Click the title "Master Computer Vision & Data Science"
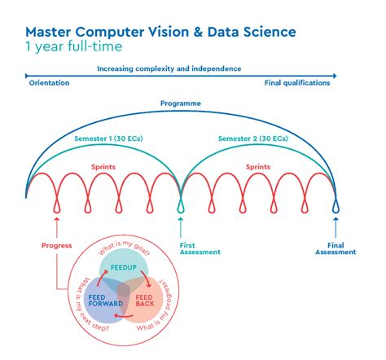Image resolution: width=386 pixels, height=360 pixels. click(x=160, y=32)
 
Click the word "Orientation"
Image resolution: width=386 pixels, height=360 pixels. click(x=49, y=83)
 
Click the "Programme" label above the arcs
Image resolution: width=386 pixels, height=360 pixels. click(x=181, y=103)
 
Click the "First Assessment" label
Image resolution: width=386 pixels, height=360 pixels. click(x=200, y=248)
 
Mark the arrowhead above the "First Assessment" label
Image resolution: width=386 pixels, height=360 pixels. click(x=181, y=218)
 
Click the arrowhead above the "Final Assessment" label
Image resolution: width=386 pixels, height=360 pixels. click(x=336, y=218)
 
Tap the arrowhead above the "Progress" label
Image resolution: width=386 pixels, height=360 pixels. click(x=56, y=218)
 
